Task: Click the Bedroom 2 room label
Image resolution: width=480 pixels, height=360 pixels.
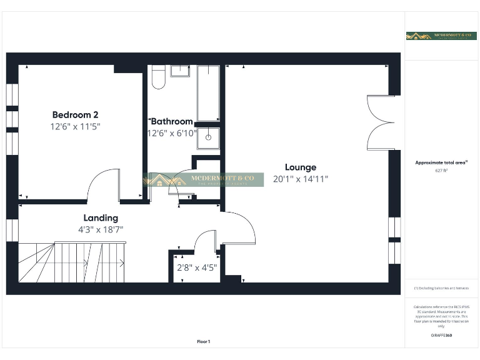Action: pos(75,115)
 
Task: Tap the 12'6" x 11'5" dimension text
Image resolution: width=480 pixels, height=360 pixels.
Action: pos(75,126)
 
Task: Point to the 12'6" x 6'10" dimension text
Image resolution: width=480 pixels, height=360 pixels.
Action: pos(172,132)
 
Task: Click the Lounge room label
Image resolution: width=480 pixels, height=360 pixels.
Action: pos(301,167)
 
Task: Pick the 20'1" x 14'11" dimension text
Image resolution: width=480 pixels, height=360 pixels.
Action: pos(301,179)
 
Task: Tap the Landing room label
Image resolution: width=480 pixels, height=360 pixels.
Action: pos(101,218)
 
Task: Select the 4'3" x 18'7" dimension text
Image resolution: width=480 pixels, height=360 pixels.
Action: pos(101,229)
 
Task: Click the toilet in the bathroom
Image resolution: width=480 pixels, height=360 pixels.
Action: pos(159,76)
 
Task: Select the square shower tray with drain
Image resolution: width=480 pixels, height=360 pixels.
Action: pos(208,138)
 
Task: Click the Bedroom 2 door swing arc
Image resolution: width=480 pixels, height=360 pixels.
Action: pos(103,184)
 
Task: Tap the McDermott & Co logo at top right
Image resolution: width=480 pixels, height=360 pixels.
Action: pos(441,36)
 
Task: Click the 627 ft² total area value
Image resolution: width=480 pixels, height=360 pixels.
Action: pos(441,171)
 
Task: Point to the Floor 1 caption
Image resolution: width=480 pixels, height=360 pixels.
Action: pos(204,341)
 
